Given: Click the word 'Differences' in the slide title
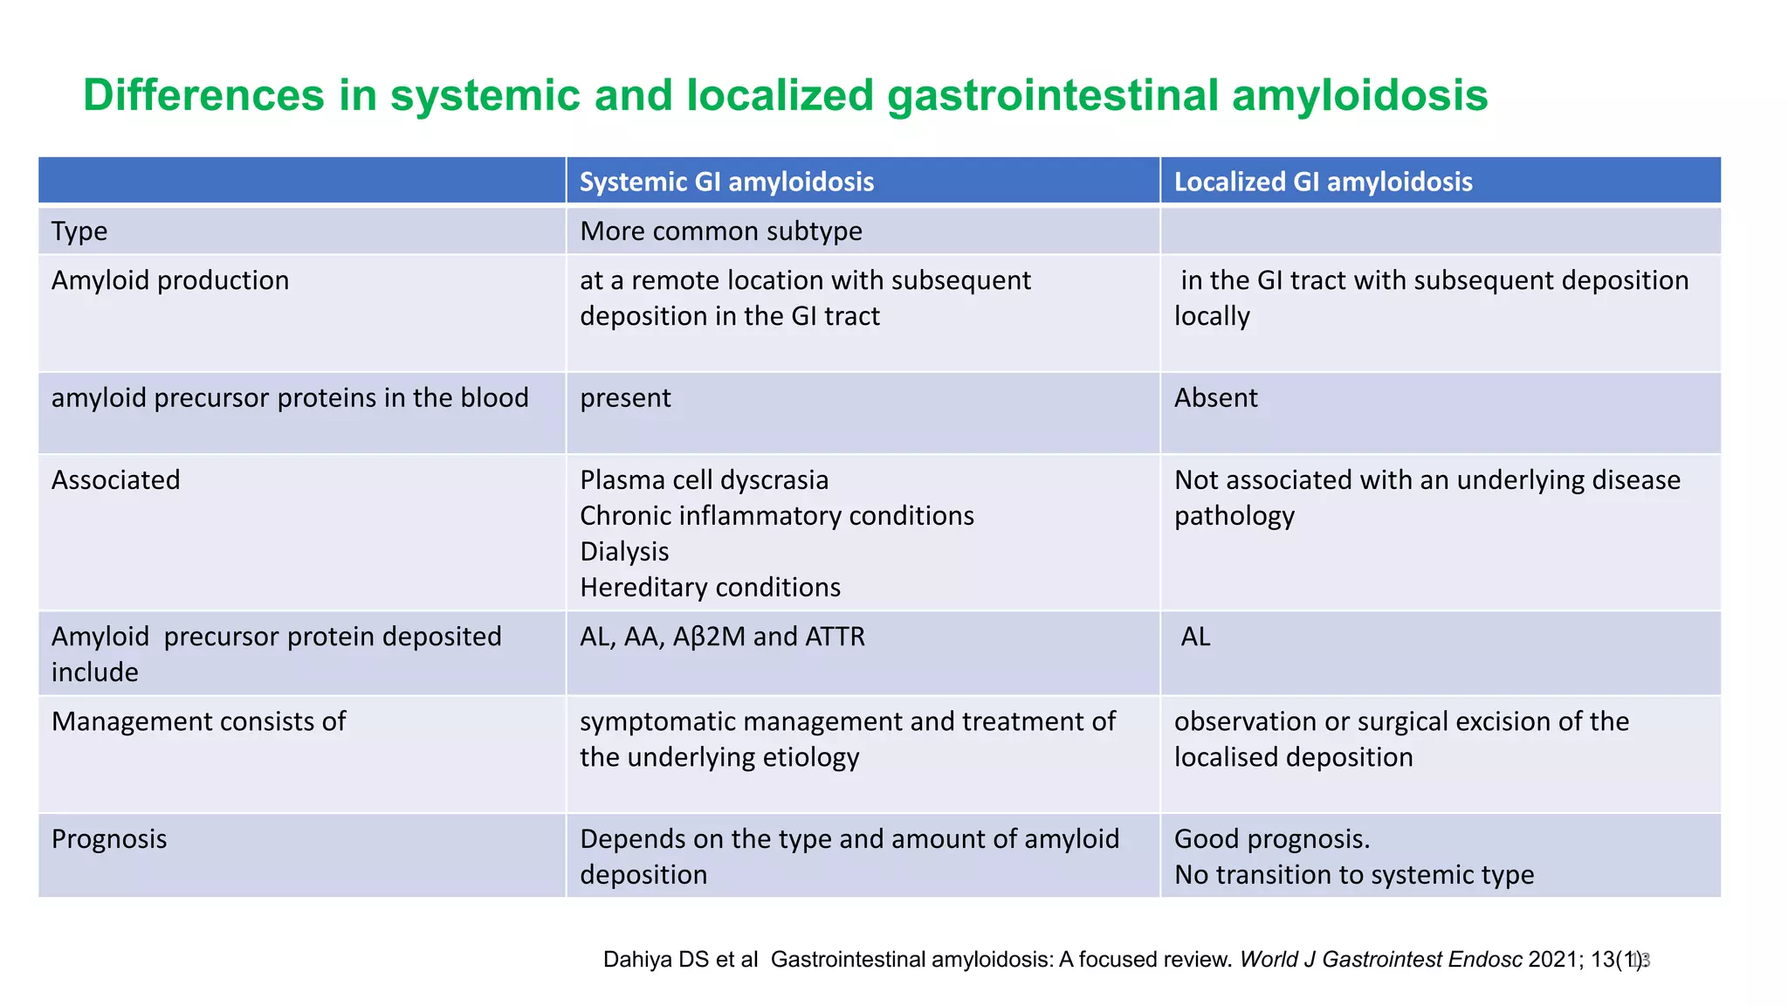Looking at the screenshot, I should pyautogui.click(x=203, y=95).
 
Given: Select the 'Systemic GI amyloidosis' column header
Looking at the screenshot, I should pyautogui.click(x=726, y=182).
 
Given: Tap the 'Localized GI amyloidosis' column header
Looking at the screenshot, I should pyautogui.click(x=1323, y=182).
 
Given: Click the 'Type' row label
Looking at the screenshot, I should pyautogui.click(x=79, y=231).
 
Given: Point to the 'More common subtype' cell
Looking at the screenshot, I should pyautogui.click(x=720, y=231).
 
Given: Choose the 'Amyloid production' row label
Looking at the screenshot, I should pyautogui.click(x=170, y=280).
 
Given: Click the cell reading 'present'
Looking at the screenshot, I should pyautogui.click(x=625, y=398).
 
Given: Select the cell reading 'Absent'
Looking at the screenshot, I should pyautogui.click(x=1215, y=398).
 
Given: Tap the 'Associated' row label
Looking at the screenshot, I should pyautogui.click(x=116, y=480).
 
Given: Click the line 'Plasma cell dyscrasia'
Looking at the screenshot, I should pyautogui.click(x=704, y=480).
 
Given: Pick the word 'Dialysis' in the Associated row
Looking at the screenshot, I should pyautogui.click(x=624, y=552).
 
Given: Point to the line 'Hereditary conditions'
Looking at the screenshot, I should pyautogui.click(x=710, y=588).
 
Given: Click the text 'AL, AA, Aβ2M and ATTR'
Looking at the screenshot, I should pyautogui.click(x=722, y=637).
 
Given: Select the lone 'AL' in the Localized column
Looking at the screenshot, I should pyautogui.click(x=1195, y=637).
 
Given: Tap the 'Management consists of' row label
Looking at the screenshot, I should pyautogui.click(x=198, y=721).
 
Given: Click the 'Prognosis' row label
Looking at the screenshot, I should pyautogui.click(x=109, y=839).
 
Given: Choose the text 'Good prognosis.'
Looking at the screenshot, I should pyautogui.click(x=1271, y=839).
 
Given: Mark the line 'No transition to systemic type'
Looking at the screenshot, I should pyautogui.click(x=1353, y=875).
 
